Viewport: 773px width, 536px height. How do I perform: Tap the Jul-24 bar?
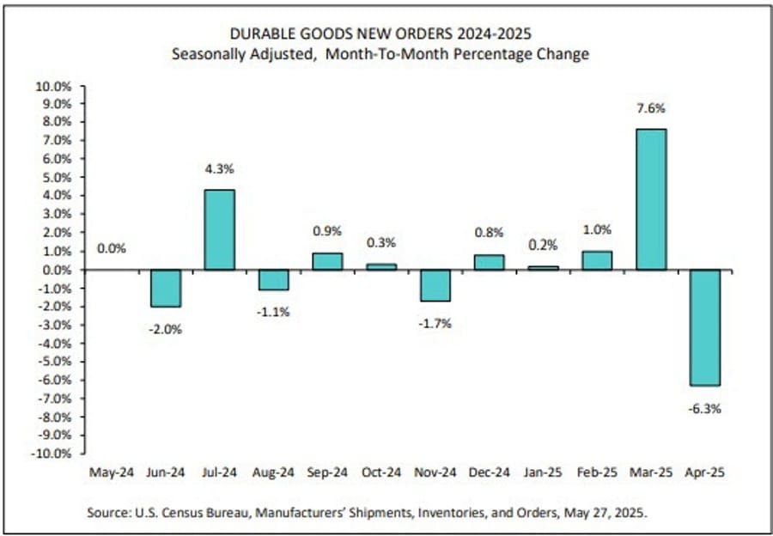pos(219,230)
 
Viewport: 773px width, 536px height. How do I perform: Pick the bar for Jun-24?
pos(164,288)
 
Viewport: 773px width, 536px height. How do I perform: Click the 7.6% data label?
pos(650,109)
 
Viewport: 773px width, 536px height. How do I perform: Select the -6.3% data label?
pos(703,409)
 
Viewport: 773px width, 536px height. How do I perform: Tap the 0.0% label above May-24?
pos(112,249)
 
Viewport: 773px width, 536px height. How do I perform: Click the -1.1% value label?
pos(272,313)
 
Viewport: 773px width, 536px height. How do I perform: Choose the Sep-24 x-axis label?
pos(326,472)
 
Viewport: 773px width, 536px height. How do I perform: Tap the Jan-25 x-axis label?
pos(542,472)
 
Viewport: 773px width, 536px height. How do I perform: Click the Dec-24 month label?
pos(488,472)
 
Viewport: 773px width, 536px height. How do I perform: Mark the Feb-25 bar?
pos(596,260)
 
